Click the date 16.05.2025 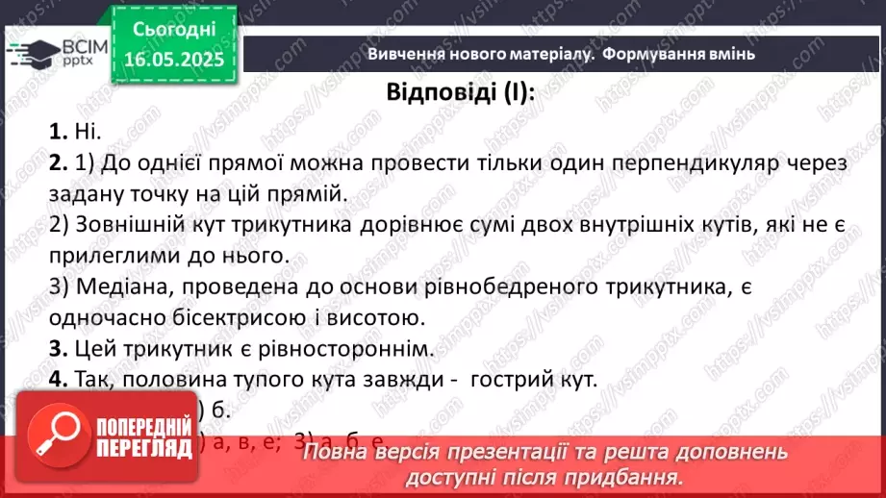pyautogui.click(x=174, y=59)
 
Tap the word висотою pyautogui.click(x=375, y=317)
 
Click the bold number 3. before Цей pyautogui.click(x=56, y=348)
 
